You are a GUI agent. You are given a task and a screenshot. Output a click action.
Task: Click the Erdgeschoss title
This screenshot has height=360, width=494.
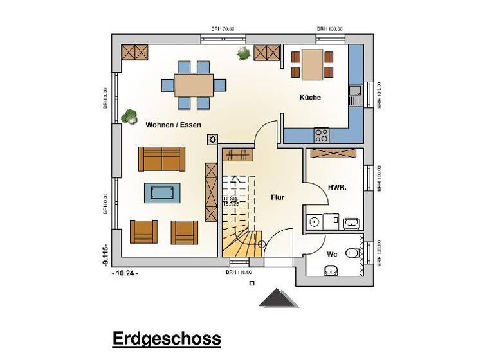pos(167,338)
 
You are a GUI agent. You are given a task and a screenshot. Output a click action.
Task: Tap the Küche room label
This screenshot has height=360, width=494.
pos(309,98)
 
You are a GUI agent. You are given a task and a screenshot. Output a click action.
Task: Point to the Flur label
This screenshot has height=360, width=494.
pos(277,197)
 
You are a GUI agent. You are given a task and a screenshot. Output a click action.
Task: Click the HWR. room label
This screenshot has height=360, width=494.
pos(337,187)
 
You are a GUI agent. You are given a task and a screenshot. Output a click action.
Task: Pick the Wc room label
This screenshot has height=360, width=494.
pos(332,254)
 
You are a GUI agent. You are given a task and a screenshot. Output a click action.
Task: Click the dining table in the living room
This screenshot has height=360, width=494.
pos(194,85)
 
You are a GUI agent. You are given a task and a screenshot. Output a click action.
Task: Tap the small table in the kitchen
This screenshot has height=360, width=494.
pos(313,64)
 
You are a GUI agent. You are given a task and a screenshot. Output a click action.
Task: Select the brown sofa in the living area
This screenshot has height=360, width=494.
pos(161,158)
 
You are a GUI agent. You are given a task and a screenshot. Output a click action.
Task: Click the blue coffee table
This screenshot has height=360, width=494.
pos(161,192)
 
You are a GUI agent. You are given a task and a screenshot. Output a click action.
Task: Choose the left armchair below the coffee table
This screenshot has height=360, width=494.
pos(143,231)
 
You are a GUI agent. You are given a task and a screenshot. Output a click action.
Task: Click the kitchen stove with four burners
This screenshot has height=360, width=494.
pos(321,135)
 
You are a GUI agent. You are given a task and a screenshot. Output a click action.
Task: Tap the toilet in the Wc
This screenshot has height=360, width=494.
pos(351,253)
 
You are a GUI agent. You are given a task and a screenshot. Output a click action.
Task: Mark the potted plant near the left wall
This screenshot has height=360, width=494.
pos(129,116)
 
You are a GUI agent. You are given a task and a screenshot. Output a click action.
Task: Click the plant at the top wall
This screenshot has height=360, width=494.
pos(243,53)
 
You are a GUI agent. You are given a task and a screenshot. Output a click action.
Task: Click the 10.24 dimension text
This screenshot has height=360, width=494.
pos(125,273)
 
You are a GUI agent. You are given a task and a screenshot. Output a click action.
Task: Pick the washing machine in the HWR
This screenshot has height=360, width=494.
pos(314,222)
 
